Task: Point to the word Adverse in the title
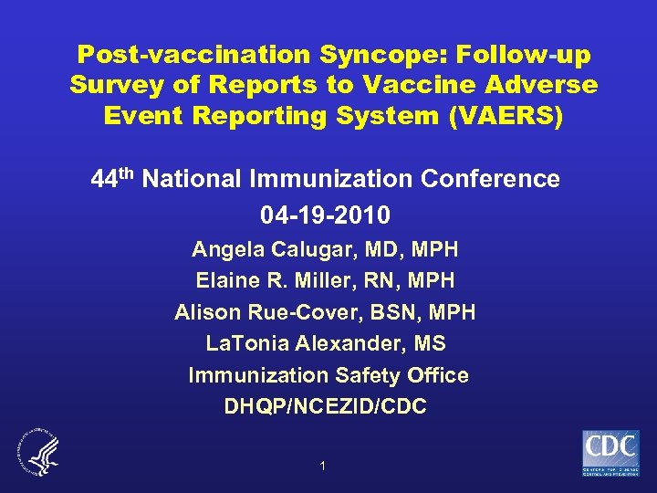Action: coord(545,86)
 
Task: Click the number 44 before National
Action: coord(103,179)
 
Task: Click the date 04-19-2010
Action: coord(326,215)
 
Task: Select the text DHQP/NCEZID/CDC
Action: coord(325,407)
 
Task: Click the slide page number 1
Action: coord(322,467)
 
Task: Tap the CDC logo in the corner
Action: coord(610,453)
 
